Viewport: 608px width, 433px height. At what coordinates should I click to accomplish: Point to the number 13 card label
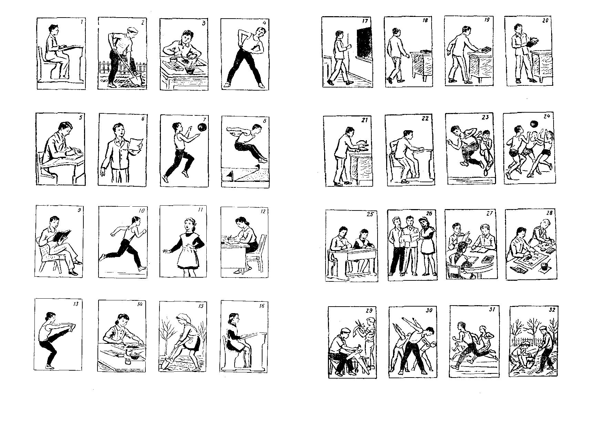[76, 304]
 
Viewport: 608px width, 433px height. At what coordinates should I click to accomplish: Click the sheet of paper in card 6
[137, 145]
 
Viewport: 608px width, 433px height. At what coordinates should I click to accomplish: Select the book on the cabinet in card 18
[426, 51]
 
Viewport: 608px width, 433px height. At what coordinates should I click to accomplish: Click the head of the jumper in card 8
[256, 130]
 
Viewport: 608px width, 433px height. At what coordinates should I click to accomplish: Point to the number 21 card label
[365, 120]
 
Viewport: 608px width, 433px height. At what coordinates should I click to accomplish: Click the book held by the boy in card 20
[532, 42]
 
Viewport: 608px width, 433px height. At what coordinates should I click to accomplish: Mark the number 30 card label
[429, 310]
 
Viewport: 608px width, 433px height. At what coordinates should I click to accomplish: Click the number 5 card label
[80, 117]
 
